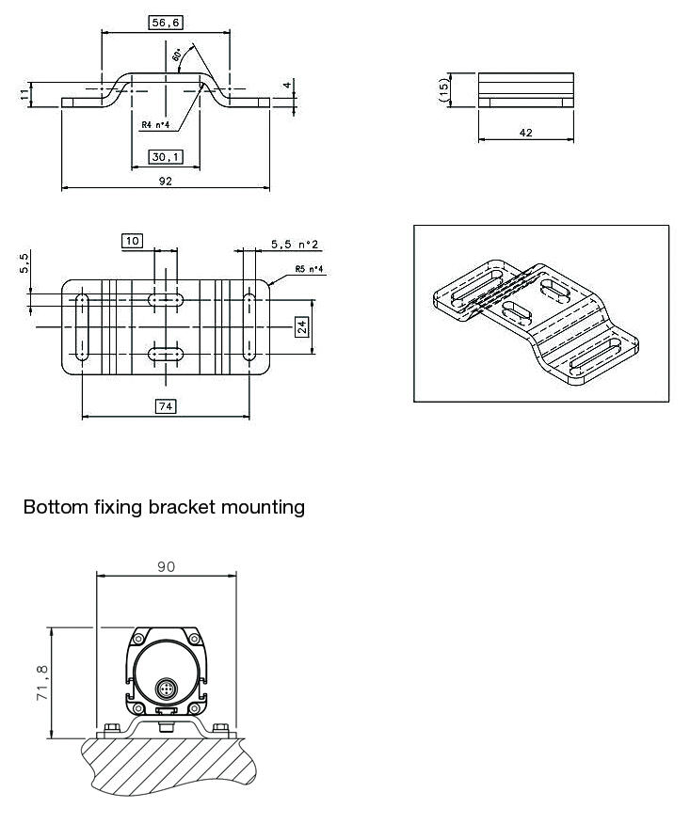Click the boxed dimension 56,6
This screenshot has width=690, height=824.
coord(166,23)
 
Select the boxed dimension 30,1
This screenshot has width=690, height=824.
coord(166,156)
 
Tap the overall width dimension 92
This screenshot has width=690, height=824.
coord(166,182)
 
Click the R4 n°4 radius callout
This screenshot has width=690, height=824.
coord(154,124)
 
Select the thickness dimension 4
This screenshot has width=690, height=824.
coord(287,86)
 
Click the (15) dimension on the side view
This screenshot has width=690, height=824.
coord(442,90)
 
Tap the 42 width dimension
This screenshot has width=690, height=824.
coord(525,133)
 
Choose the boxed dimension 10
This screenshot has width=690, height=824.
coord(133,241)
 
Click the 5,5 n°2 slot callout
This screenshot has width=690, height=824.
coord(294,245)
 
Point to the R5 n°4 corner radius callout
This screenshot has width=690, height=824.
coord(309,269)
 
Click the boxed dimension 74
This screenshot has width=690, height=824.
coord(166,406)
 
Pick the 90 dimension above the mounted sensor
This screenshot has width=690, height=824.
coord(167,566)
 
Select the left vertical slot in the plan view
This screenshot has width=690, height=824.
coord(83,326)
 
